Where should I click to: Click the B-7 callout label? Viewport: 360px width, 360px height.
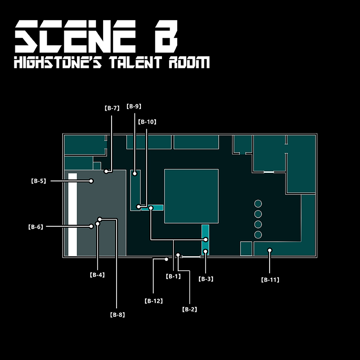tap(112, 108)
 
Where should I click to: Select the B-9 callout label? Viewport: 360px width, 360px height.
tap(134, 107)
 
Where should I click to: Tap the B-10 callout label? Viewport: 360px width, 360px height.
tap(147, 121)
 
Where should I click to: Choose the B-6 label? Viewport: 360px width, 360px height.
tap(36, 227)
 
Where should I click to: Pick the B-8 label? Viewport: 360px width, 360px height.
tap(117, 315)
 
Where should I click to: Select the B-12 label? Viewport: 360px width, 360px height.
tap(153, 301)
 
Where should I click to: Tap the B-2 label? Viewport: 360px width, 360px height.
tap(189, 310)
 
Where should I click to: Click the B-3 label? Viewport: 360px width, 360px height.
tap(206, 279)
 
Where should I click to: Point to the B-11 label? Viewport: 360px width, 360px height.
tap(270, 279)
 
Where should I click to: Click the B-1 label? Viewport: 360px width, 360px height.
tap(173, 276)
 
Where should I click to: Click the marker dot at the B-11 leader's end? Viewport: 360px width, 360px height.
tap(270, 250)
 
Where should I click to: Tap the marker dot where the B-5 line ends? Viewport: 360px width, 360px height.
tap(91, 181)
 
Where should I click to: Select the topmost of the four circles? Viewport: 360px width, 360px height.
tap(258, 203)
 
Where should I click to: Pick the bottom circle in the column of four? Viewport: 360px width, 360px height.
tap(258, 234)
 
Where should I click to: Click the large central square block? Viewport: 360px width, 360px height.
tap(191, 196)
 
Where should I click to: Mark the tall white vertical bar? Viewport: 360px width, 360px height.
tap(72, 214)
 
